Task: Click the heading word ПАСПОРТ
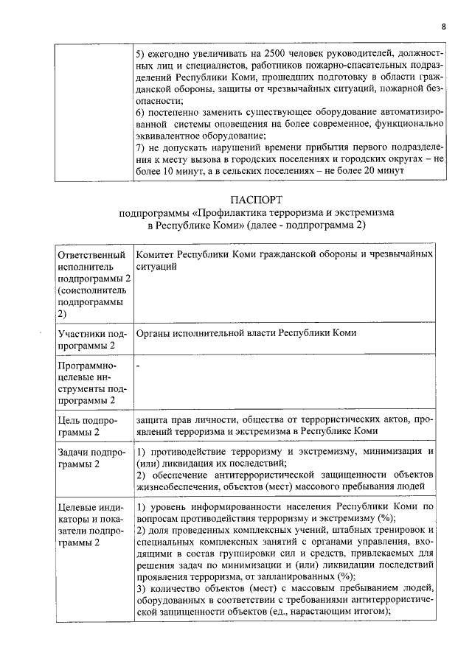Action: coord(256,200)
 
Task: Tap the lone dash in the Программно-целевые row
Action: coord(139,365)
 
